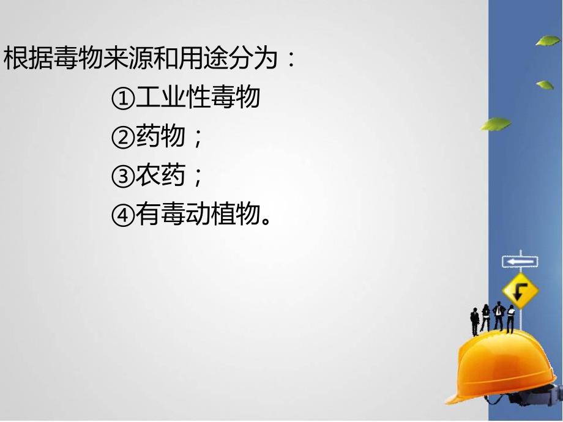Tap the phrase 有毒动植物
pyautogui.click(x=195, y=216)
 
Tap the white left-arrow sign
pyautogui.click(x=520, y=261)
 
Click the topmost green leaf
pyautogui.click(x=548, y=41)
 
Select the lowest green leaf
pyautogui.click(x=495, y=124)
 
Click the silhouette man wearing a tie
pyautogui.click(x=498, y=317)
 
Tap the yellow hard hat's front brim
pyautogui.click(x=471, y=391)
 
